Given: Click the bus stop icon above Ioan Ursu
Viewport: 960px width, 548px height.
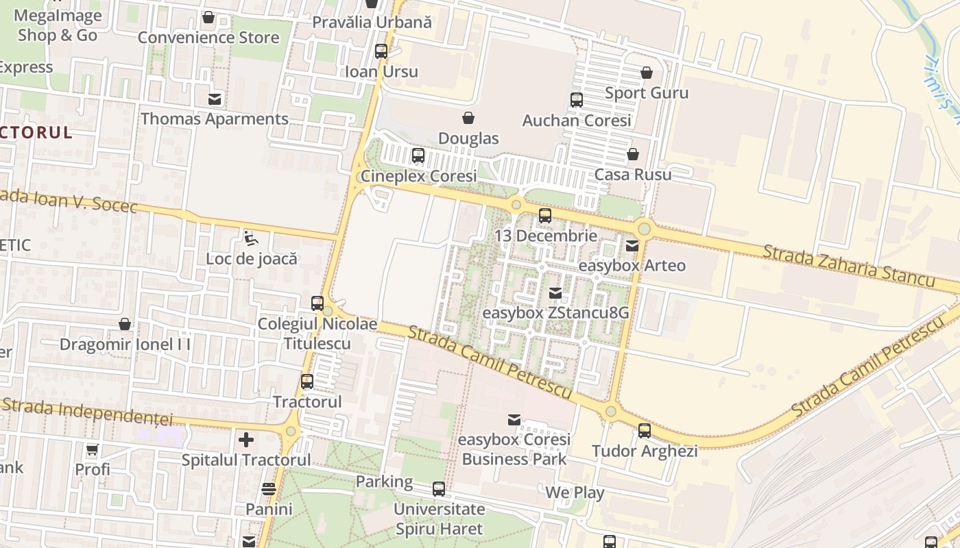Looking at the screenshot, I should pyautogui.click(x=381, y=51).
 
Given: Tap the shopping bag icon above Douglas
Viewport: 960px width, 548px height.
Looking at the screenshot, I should pyautogui.click(x=468, y=118).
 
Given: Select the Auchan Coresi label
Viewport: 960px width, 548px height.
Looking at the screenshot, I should pyautogui.click(x=577, y=121).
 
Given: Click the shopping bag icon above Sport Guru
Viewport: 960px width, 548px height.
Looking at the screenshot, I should pyautogui.click(x=647, y=73).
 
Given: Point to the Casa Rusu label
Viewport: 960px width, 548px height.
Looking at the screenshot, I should pyautogui.click(x=633, y=175).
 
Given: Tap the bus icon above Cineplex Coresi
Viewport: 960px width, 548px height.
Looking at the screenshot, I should pyautogui.click(x=418, y=155).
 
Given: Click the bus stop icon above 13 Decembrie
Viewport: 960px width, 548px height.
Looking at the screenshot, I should pyautogui.click(x=545, y=216).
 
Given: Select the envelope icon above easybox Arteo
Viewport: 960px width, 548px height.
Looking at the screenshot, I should pyautogui.click(x=632, y=245).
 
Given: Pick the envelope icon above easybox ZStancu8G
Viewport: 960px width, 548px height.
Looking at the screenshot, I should pyautogui.click(x=555, y=293).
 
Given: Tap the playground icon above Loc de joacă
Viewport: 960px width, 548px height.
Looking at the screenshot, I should pyautogui.click(x=252, y=238).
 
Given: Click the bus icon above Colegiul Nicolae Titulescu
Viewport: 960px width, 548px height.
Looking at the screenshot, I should pyautogui.click(x=317, y=303).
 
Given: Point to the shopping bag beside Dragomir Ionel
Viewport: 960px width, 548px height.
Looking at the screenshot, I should pyautogui.click(x=125, y=324).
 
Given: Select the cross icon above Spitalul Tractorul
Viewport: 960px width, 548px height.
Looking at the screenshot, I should pyautogui.click(x=246, y=439).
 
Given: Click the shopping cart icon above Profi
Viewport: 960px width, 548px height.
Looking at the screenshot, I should pyautogui.click(x=93, y=449).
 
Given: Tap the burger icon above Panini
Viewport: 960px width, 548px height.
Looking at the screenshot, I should pyautogui.click(x=269, y=489).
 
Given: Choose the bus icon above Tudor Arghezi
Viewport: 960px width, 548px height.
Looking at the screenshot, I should pyautogui.click(x=645, y=431).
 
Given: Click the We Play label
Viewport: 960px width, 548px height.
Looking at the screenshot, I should pyautogui.click(x=575, y=493).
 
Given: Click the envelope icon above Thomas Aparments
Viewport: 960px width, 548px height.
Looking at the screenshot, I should pyautogui.click(x=215, y=99).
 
